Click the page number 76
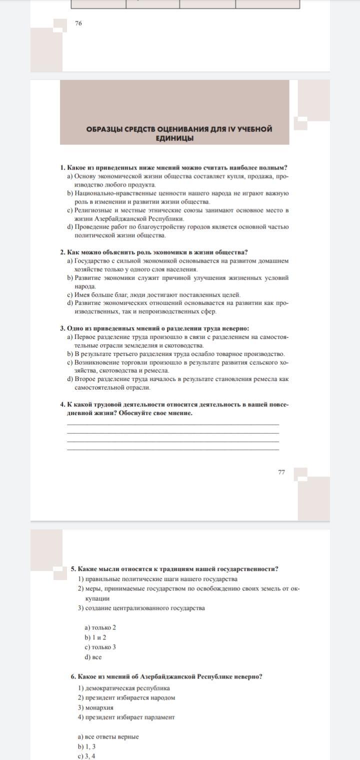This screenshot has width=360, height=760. [78, 23]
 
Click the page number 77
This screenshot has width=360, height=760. [281, 471]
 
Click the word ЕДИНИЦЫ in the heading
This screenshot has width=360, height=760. [174, 138]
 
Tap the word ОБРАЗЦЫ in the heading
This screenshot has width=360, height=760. [104, 129]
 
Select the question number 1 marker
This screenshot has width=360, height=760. [62, 168]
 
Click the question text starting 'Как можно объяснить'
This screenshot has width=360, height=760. [157, 252]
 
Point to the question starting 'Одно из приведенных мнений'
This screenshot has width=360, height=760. [158, 328]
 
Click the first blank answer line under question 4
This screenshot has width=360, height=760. [173, 424]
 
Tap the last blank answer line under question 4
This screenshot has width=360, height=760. [173, 449]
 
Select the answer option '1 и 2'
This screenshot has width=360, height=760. [98, 637]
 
